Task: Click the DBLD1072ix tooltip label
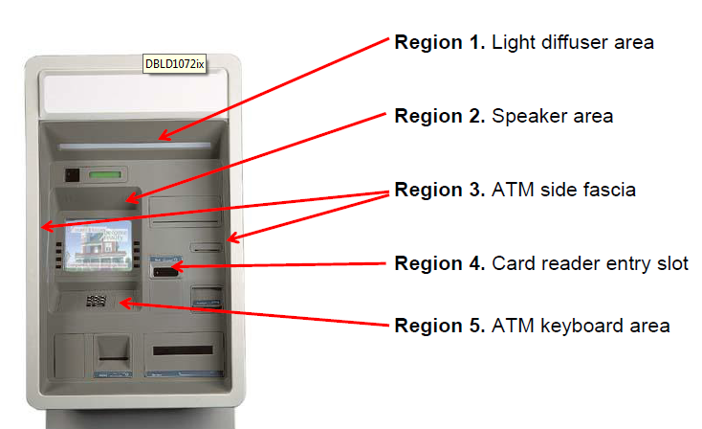pyautogui.click(x=175, y=63)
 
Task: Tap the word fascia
pyautogui.click(x=606, y=191)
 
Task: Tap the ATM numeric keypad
pyautogui.click(x=96, y=302)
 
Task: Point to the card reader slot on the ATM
pyautogui.click(x=164, y=273)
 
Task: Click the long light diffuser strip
pyautogui.click(x=133, y=147)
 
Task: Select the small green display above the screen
pyautogui.click(x=108, y=175)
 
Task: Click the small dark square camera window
pyautogui.click(x=72, y=175)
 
